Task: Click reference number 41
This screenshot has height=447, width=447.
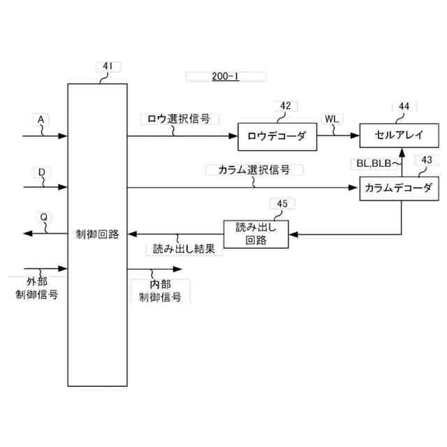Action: tap(108, 67)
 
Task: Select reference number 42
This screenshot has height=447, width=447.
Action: tap(286, 106)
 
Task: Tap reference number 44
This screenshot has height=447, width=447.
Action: tap(404, 106)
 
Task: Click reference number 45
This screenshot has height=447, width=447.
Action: tap(281, 204)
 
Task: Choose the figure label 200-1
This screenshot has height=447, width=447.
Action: tap(225, 76)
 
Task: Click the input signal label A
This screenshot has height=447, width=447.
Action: tap(41, 119)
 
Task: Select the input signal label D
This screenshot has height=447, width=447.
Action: tap(41, 171)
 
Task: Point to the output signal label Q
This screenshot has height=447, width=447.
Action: tap(43, 217)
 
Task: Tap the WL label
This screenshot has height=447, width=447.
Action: tap(332, 119)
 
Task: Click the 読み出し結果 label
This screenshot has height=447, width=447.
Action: tap(184, 248)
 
